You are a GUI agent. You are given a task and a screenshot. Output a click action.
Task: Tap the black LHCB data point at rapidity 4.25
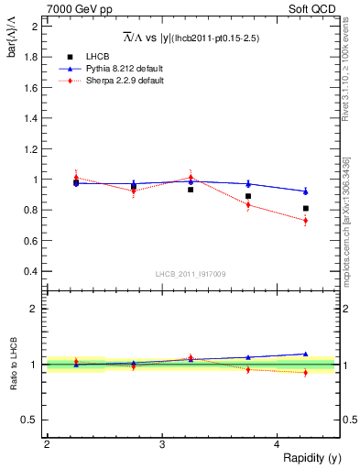coord(306,209)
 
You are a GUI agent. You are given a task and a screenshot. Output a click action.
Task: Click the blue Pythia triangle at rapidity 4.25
coord(306,191)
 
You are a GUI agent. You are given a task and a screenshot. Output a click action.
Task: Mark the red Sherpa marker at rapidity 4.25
coord(306,221)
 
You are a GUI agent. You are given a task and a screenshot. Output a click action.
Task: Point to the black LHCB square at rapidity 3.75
coord(248,196)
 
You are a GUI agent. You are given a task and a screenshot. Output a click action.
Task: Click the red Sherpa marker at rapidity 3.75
coord(248,205)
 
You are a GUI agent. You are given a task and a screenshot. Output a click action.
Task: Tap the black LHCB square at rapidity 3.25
coord(191,189)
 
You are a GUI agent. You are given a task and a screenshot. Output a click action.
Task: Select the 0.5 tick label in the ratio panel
coord(31,420)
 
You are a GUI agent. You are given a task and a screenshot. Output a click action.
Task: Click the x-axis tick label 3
coord(162,444)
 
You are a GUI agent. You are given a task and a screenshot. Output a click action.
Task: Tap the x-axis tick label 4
coord(278,444)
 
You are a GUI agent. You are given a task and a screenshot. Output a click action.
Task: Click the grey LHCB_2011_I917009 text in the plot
coord(191,274)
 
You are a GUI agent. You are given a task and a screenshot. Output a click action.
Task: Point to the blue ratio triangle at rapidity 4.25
coord(306,354)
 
